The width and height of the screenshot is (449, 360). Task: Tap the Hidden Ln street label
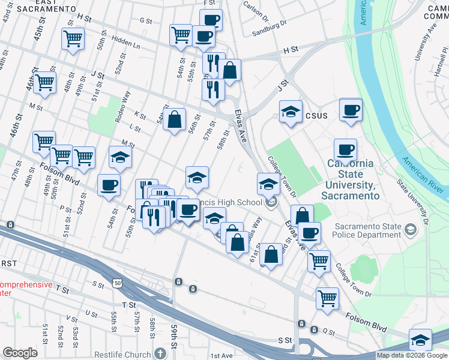click(x=126, y=45)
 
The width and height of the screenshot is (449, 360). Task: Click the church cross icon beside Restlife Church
click(x=159, y=353)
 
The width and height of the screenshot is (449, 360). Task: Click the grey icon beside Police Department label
click(x=410, y=229)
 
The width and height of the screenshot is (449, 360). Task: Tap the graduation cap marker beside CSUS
click(x=291, y=112)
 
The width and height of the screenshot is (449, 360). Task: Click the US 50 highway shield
click(x=117, y=282)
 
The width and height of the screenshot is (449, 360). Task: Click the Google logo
click(x=20, y=353)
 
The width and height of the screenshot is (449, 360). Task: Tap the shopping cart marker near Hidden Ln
click(x=73, y=39)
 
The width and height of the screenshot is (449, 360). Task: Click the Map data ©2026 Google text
click(x=411, y=355)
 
